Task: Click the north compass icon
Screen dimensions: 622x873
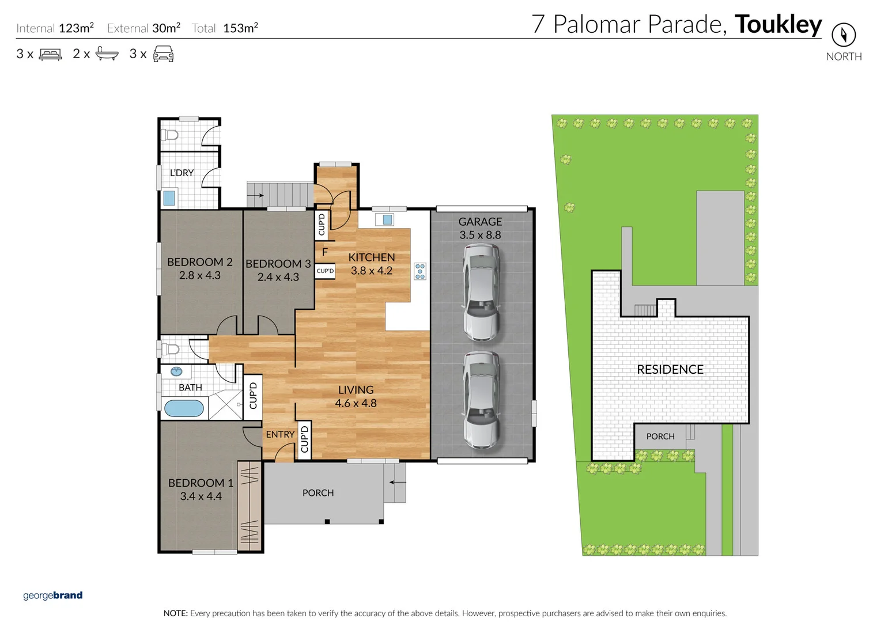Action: point(843,35)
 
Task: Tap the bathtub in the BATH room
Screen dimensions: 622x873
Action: point(184,408)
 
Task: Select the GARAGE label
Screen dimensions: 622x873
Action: point(480,222)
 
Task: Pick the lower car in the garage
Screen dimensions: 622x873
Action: point(481,399)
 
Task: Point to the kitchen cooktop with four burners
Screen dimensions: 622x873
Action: point(420,271)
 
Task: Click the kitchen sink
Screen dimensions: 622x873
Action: point(387,219)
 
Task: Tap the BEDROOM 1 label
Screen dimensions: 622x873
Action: point(201,483)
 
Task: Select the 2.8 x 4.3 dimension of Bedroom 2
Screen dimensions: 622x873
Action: point(199,275)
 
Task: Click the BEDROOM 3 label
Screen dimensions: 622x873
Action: point(278,264)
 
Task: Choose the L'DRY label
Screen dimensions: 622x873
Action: point(182,173)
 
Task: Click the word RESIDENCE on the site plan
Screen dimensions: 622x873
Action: point(670,369)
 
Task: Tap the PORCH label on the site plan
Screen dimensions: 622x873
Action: point(660,437)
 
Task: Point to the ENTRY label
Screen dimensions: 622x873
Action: point(280,434)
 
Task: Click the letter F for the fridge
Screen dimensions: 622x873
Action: point(325,252)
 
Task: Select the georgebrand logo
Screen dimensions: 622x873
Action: point(52,595)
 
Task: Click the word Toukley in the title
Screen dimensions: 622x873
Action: point(778,24)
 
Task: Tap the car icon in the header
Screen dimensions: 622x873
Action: point(163,54)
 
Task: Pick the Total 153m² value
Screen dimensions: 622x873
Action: point(240,28)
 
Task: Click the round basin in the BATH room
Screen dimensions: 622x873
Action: point(176,371)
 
